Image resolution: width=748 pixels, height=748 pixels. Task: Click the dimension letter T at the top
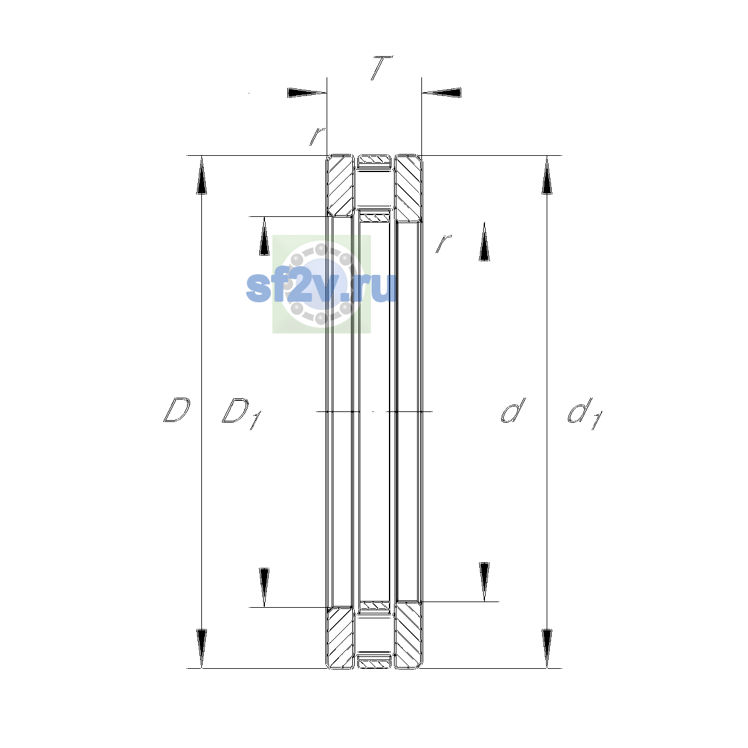[381, 68]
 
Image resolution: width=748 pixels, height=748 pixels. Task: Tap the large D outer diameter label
[176, 410]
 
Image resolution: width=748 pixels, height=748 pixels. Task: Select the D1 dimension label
[241, 413]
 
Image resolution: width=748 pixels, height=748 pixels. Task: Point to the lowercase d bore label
[513, 410]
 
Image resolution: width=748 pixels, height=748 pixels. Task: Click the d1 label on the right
[585, 414]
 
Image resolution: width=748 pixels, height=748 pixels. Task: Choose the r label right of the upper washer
[444, 243]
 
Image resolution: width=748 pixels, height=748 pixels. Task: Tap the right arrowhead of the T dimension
[441, 93]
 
